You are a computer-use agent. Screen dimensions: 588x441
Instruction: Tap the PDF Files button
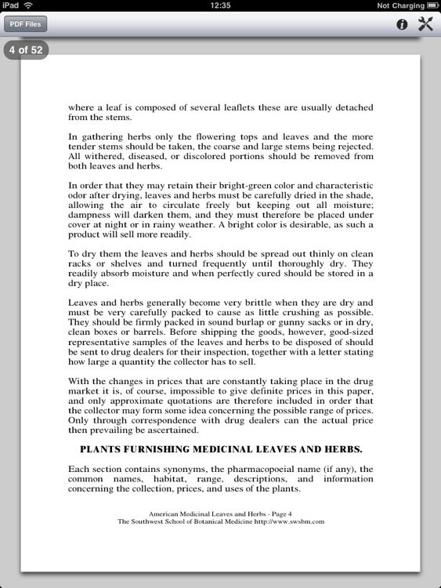pos(26,24)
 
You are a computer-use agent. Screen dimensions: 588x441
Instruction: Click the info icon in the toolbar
pos(402,24)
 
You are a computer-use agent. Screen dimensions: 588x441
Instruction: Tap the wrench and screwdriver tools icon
pos(425,24)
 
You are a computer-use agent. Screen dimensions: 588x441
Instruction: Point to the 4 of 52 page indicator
pos(26,50)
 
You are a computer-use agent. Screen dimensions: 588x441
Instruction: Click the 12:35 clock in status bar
pos(220,5)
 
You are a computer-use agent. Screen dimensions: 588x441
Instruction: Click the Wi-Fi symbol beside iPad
pos(28,5)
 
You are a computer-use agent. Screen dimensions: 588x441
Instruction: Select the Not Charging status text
pos(400,5)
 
